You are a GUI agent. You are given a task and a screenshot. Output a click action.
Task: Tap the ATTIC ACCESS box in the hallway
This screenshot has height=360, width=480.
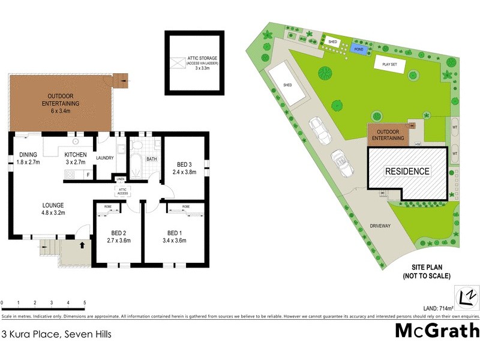pos(122,191)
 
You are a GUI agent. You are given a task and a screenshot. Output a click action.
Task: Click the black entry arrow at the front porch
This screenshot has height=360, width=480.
pos(82,245)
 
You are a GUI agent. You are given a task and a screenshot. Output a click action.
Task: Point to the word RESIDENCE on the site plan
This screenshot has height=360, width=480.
pos(407,171)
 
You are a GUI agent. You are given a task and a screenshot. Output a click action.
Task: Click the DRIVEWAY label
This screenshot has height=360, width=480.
pos(380,226)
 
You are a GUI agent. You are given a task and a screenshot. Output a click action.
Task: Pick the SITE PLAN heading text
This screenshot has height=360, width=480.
pos(427,272)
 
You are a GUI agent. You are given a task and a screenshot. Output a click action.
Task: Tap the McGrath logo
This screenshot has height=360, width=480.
pos(437,331)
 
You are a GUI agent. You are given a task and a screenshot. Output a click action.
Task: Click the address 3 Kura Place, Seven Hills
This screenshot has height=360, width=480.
pos(49,334)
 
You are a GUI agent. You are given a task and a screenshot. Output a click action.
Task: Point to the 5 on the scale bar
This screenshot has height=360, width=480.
pos(85,303)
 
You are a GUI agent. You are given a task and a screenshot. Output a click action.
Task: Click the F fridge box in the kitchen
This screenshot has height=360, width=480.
pos(88,175)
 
